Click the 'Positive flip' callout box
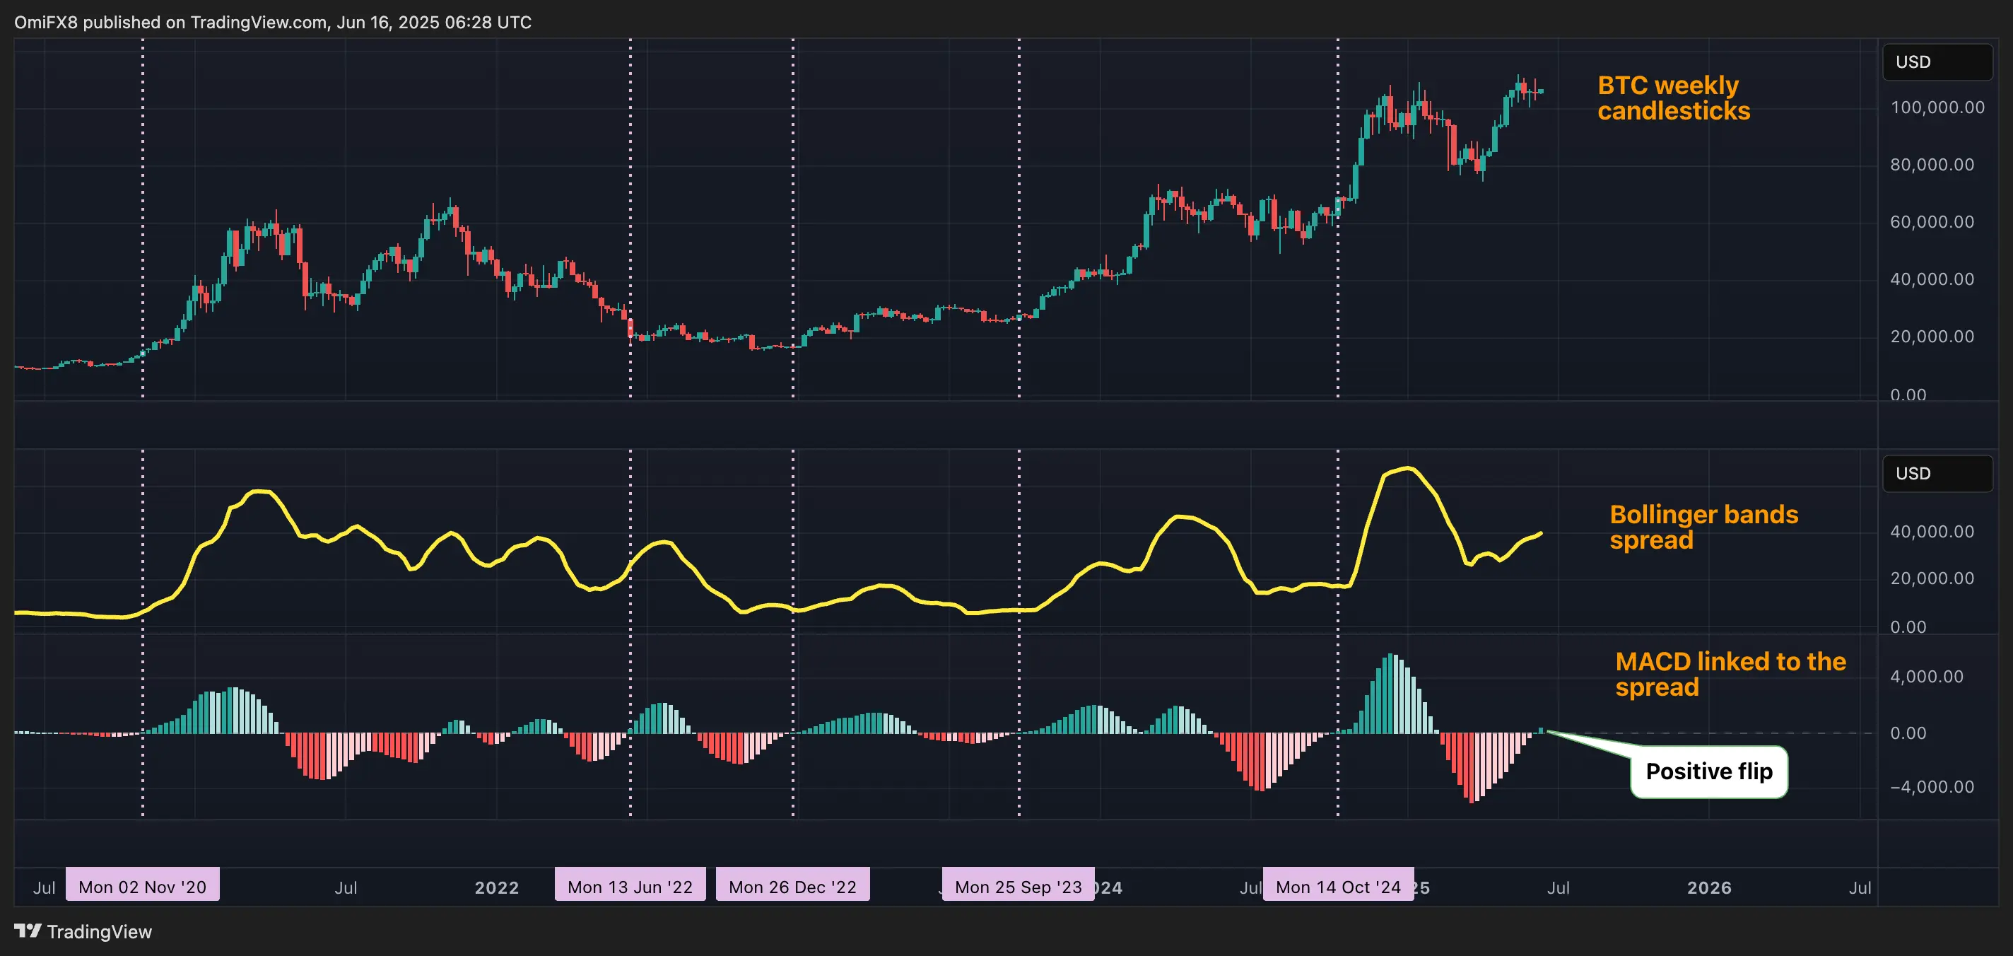click(x=1708, y=771)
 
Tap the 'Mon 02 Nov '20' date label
click(x=142, y=887)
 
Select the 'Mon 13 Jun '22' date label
click(x=630, y=887)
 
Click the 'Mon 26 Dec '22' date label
click(x=792, y=887)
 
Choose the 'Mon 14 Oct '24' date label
click(x=1338, y=887)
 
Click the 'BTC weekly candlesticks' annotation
click(x=1673, y=98)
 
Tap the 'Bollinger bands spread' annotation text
click(x=1703, y=527)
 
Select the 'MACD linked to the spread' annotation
click(x=1730, y=674)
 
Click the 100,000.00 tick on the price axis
click(x=1937, y=108)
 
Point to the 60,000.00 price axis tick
click(x=1931, y=222)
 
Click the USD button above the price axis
click(x=1937, y=62)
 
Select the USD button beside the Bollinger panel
click(x=1937, y=474)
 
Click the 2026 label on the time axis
click(x=1708, y=888)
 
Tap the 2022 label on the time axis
click(x=497, y=888)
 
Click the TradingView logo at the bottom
click(x=83, y=932)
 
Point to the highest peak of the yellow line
click(x=1408, y=468)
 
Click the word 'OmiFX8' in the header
click(x=45, y=22)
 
